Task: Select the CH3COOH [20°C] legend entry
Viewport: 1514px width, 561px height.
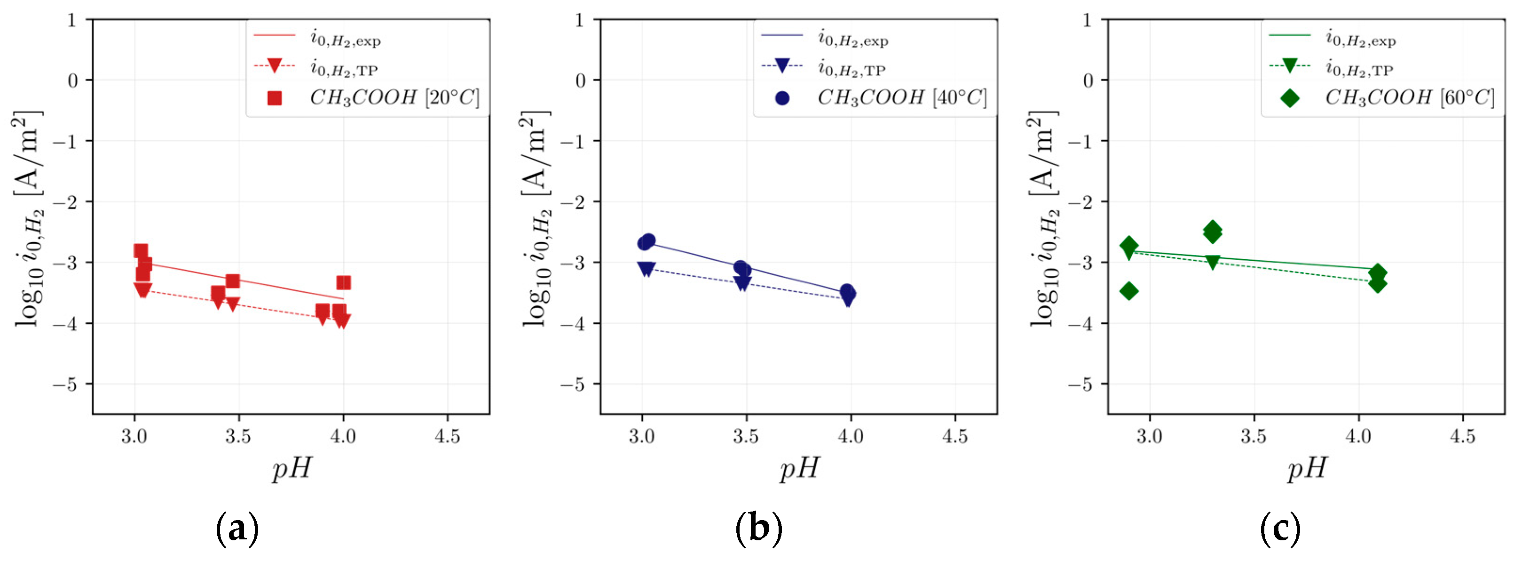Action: (x=394, y=97)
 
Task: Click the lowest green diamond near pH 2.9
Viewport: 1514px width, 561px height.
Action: (x=1128, y=290)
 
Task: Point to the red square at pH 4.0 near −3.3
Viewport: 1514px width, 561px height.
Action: (x=344, y=283)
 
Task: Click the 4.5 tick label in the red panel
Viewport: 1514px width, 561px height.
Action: (x=447, y=437)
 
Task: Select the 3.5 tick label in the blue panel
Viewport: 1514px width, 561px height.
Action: (x=746, y=437)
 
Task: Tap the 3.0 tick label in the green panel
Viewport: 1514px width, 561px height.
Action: (x=1149, y=437)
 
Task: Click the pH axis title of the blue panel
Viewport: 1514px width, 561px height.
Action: (x=799, y=469)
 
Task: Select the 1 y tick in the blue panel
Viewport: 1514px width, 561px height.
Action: (x=579, y=21)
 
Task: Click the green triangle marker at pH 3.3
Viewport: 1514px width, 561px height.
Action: (x=1213, y=262)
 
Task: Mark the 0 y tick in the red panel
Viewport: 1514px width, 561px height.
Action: (x=72, y=80)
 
